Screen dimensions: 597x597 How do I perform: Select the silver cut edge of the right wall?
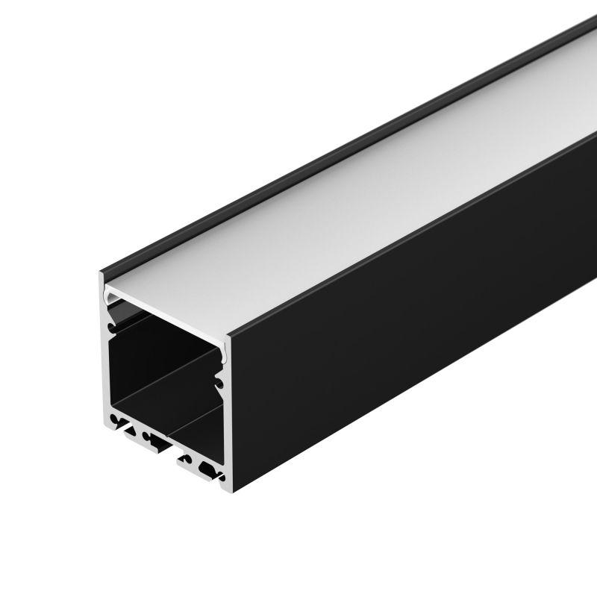pyautogui.click(x=225, y=418)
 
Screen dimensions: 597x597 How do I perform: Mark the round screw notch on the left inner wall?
pyautogui.click(x=113, y=325)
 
